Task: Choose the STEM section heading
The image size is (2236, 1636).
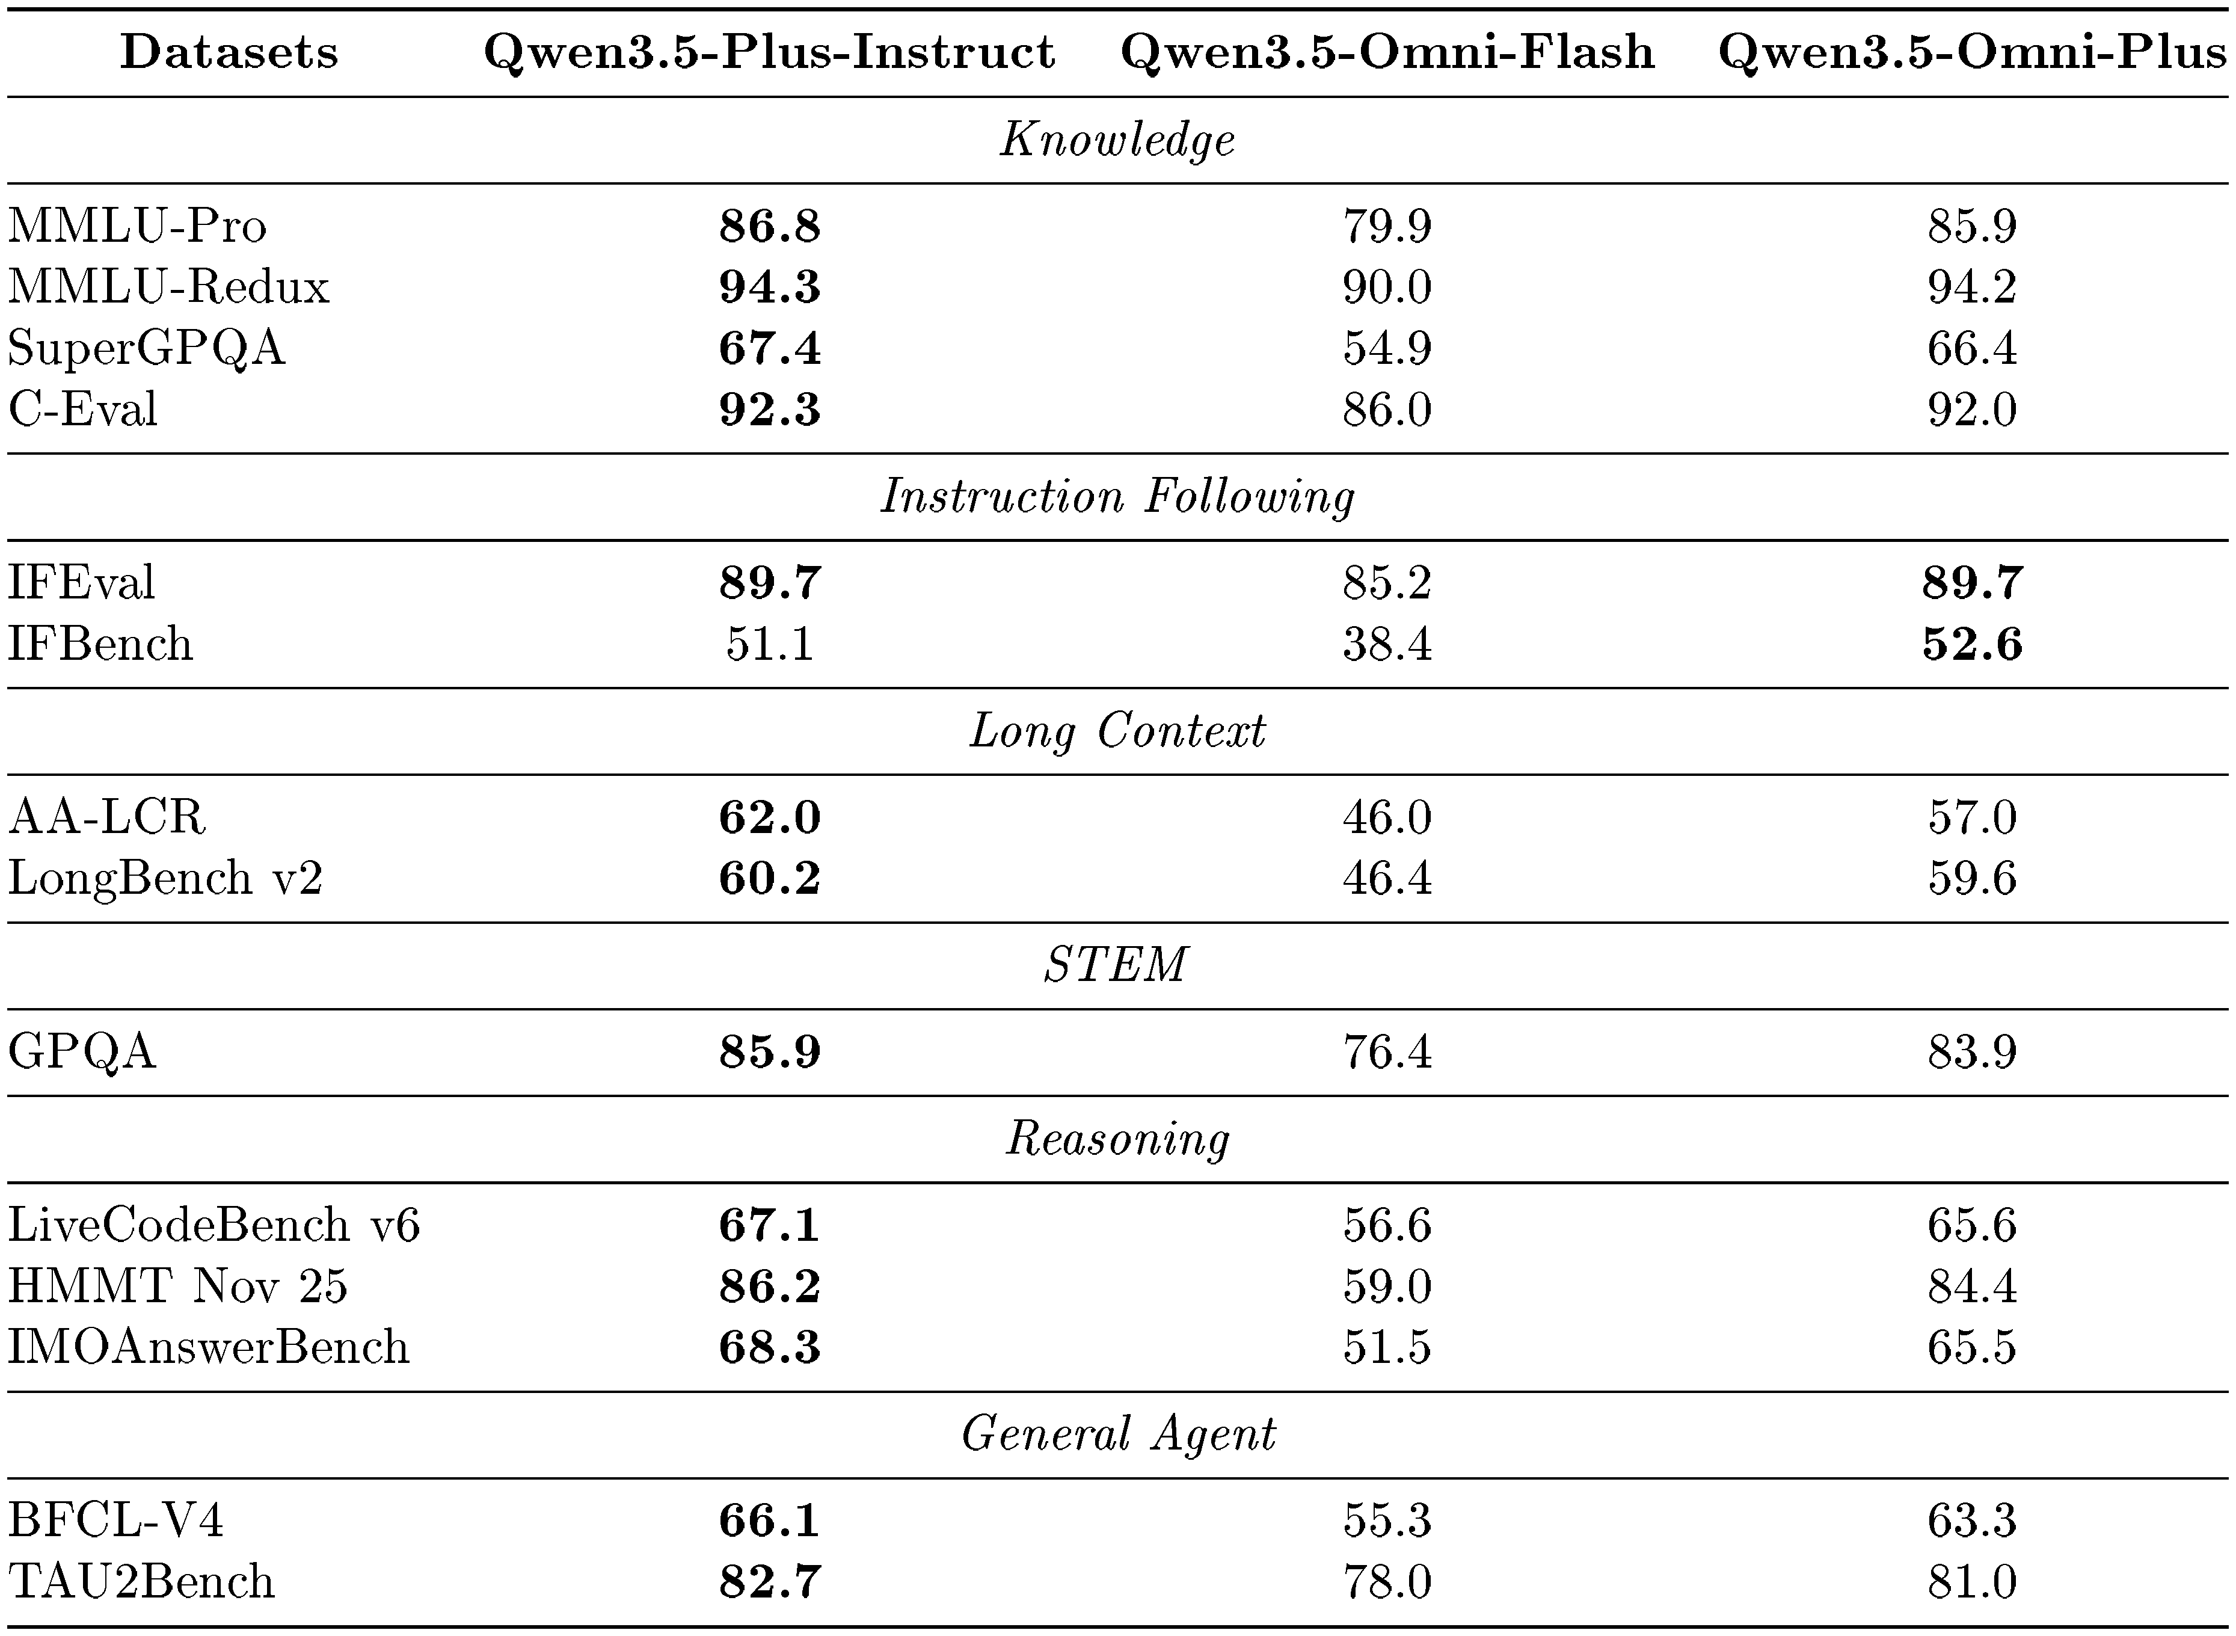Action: coord(1116,965)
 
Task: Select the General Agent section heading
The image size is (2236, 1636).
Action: coord(1118,1433)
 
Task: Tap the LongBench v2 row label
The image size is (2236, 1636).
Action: coord(165,878)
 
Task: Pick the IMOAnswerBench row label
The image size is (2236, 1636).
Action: coord(208,1347)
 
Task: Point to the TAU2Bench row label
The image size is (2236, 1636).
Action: coord(141,1581)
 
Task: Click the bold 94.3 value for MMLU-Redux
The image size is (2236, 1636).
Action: coord(769,287)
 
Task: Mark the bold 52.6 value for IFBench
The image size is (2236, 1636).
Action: coord(1971,644)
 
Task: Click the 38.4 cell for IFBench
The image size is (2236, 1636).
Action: coord(1386,644)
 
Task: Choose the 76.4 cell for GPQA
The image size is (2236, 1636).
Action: coord(1386,1052)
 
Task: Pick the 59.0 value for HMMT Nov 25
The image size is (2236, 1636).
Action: coord(1386,1287)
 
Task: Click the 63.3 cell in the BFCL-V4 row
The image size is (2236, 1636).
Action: coord(1971,1520)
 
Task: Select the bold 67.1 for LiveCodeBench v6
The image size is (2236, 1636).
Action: coord(769,1226)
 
